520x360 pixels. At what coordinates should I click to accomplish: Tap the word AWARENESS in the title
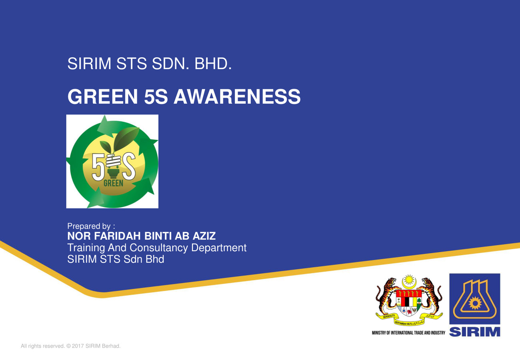(x=237, y=97)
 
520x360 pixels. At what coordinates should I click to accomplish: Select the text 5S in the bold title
(x=156, y=97)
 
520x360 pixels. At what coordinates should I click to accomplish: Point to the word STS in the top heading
(x=132, y=64)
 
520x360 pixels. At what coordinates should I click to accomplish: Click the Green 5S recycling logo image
(x=112, y=161)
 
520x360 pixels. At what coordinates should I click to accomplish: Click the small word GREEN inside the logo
(x=113, y=184)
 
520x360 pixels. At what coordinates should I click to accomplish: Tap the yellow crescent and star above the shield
(x=408, y=281)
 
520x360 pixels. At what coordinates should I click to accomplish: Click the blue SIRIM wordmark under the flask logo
(x=475, y=332)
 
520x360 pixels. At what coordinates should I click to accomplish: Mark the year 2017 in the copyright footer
(x=78, y=346)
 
